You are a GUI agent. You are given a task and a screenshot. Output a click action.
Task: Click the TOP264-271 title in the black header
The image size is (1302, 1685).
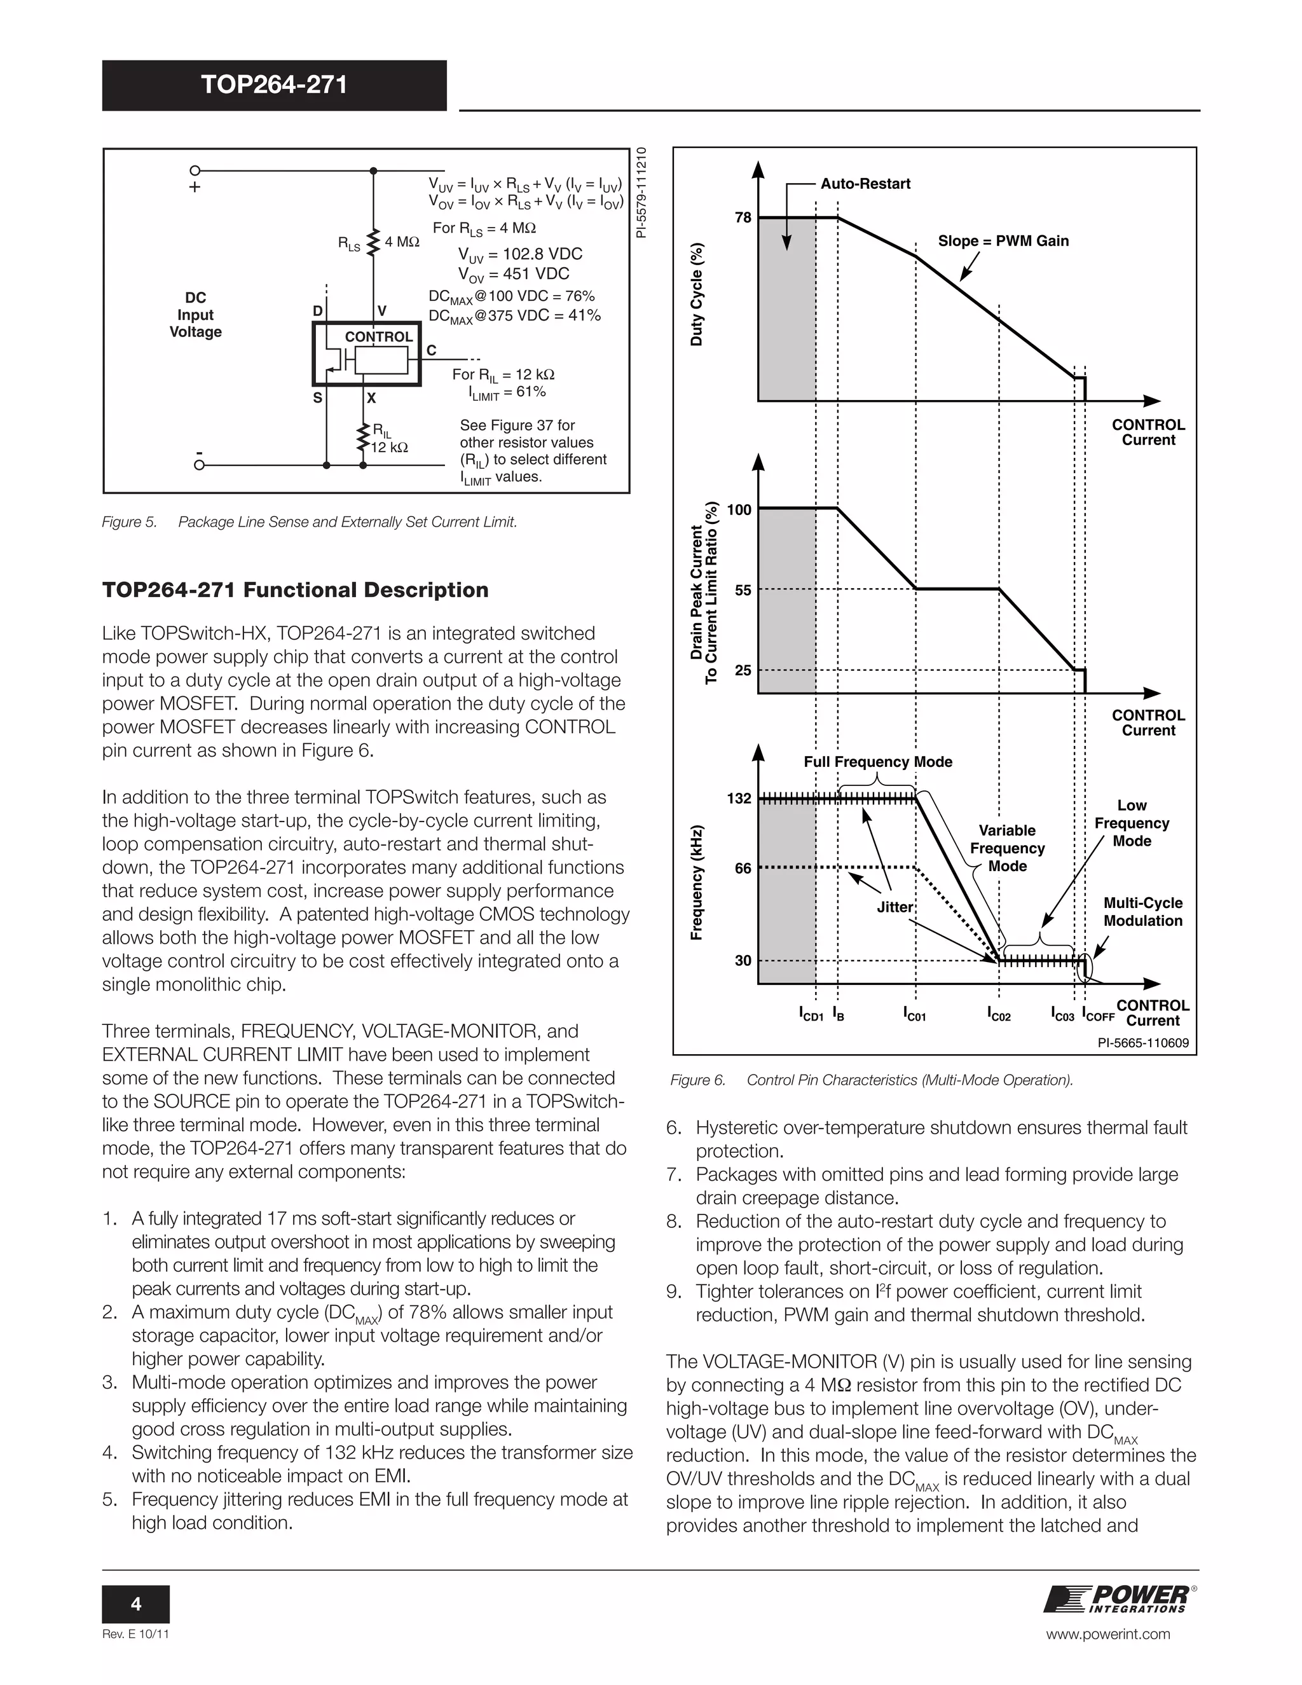[x=274, y=84]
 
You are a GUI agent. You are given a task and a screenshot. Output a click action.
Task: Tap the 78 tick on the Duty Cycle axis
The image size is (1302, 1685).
[x=743, y=217]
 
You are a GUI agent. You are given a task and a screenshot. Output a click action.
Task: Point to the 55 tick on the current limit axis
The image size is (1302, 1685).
[x=743, y=590]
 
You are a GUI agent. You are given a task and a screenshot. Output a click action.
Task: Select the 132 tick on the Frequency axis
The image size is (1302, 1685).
[x=739, y=798]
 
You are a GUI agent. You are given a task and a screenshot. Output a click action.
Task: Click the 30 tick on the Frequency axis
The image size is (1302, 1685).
[x=743, y=961]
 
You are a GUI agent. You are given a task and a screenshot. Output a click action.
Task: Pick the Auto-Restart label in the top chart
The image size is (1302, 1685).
[x=865, y=184]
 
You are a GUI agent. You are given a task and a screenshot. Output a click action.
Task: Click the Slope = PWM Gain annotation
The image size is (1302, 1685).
[x=1003, y=241]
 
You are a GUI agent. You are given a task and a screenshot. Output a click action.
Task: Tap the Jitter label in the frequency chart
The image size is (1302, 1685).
[x=894, y=907]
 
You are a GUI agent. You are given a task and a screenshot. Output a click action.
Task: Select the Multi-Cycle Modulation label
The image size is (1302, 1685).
[x=1143, y=912]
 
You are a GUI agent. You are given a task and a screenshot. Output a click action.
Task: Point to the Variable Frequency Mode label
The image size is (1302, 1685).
[x=1008, y=848]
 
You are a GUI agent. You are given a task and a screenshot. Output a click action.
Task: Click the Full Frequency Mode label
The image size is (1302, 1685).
[x=878, y=762]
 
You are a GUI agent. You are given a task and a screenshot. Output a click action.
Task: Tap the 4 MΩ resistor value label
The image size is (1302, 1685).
[x=402, y=242]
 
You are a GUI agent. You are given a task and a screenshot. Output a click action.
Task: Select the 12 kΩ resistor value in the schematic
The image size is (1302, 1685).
[x=390, y=448]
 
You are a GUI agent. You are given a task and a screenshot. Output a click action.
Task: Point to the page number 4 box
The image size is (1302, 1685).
[x=136, y=1605]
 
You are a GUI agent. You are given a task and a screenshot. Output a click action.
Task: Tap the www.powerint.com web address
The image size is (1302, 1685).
[x=1108, y=1634]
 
